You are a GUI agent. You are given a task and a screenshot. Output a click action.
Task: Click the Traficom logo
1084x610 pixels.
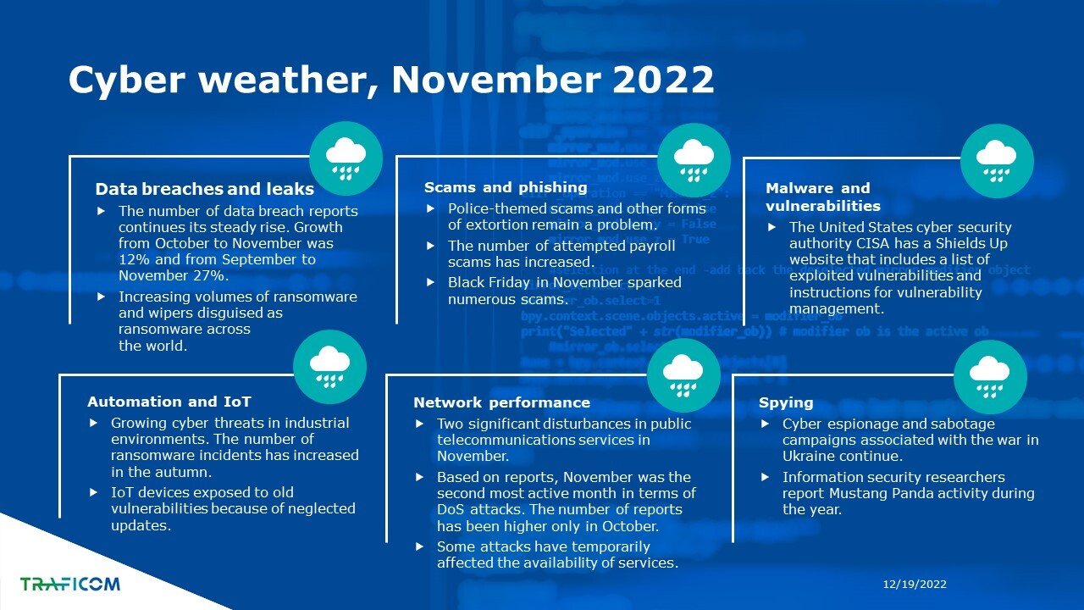pos(70,584)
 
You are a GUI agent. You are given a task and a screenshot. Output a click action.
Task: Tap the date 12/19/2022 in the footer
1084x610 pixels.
pos(915,585)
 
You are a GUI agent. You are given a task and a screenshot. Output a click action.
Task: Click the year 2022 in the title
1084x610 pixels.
pos(663,80)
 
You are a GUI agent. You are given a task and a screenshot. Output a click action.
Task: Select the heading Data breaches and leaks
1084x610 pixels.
pos(205,189)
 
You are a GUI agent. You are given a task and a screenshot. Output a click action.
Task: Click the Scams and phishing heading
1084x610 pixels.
pos(506,187)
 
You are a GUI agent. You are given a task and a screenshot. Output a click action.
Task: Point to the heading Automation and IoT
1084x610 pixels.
pos(169,402)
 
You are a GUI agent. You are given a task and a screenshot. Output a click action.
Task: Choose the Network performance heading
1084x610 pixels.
pos(502,402)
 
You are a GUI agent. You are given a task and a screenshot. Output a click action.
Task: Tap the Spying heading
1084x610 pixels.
pos(786,402)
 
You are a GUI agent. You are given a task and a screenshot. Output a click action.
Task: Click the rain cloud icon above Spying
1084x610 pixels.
pos(990,377)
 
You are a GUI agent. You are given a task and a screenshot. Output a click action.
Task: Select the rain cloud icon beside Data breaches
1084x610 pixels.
pos(346,158)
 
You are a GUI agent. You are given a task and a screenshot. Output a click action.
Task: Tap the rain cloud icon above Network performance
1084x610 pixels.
pos(683,375)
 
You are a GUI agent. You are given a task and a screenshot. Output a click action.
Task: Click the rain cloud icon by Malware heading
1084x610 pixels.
pos(997,161)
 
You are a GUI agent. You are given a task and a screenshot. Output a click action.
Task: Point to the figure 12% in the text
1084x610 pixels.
pos(134,259)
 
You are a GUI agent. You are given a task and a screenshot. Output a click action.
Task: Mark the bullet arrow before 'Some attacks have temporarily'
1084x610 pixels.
pos(419,546)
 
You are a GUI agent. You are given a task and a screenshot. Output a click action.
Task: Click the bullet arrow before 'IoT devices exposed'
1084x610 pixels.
pos(93,492)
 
